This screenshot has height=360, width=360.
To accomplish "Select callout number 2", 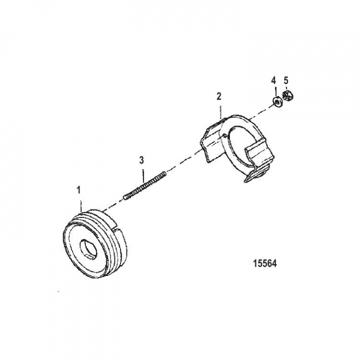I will (218, 96).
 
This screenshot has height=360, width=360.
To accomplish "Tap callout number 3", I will (141, 160).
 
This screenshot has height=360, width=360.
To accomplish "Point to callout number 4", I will (273, 80).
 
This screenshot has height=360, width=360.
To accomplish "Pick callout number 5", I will (286, 80).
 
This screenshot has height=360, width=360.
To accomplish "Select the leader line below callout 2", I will (219, 110).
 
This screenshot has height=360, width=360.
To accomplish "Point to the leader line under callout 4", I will (274, 91).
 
